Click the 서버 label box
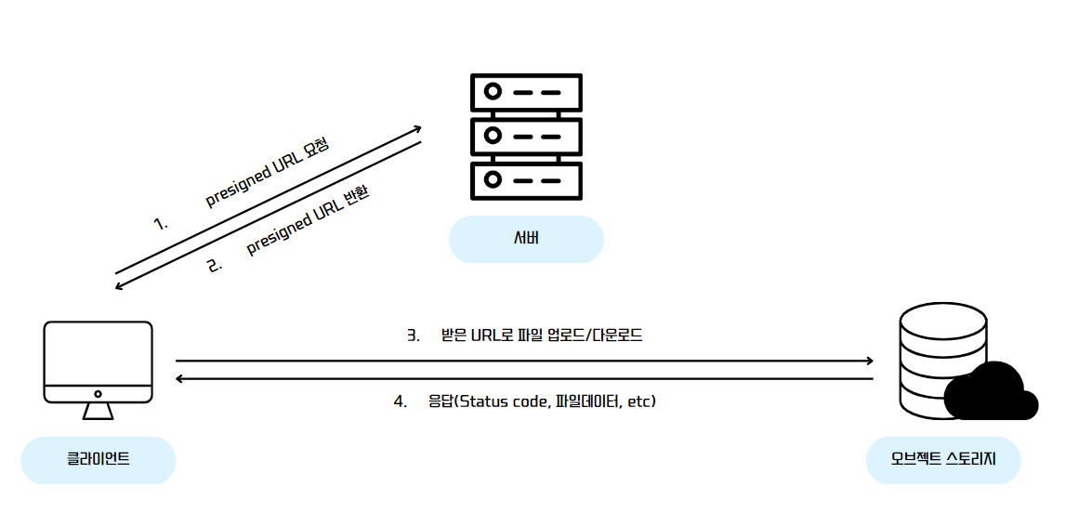pos(526,239)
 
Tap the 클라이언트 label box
pos(98,459)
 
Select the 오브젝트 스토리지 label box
pos(942,459)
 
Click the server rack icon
pos(526,137)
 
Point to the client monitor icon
pos(98,362)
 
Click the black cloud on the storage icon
pos(991,393)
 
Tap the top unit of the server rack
pos(526,93)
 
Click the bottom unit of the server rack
pos(526,179)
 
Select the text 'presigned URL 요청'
pos(268,173)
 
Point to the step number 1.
pos(160,223)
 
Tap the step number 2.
pos(215,265)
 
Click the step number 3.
pos(414,335)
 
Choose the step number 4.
pos(401,401)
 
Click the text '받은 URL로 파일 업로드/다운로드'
pos(542,335)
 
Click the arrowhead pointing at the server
pos(417,128)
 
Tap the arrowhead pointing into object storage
pos(869,361)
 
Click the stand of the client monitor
pos(98,410)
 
